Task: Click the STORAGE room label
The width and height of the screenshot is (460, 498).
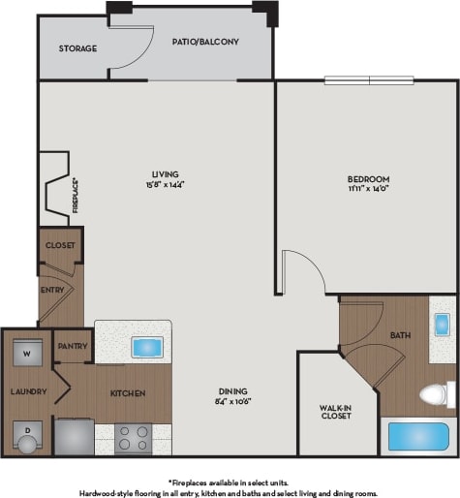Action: tap(77, 48)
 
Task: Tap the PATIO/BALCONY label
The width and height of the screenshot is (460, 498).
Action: tap(206, 43)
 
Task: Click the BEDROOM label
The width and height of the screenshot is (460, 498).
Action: tap(368, 179)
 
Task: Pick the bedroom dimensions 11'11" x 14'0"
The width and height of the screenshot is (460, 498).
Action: tap(368, 190)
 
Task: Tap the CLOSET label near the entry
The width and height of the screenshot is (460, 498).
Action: tap(60, 245)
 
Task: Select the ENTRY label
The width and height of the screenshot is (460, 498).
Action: tap(51, 289)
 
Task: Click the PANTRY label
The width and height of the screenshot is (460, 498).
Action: tap(73, 346)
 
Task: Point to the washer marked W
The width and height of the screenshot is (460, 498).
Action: tap(25, 354)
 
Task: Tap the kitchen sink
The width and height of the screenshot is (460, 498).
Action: tap(146, 346)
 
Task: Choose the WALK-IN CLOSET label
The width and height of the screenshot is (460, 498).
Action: tap(335, 412)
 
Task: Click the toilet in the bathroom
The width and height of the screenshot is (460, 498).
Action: tap(439, 393)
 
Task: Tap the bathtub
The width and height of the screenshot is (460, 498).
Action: tap(419, 437)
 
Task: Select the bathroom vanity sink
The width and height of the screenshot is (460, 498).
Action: tap(442, 324)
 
